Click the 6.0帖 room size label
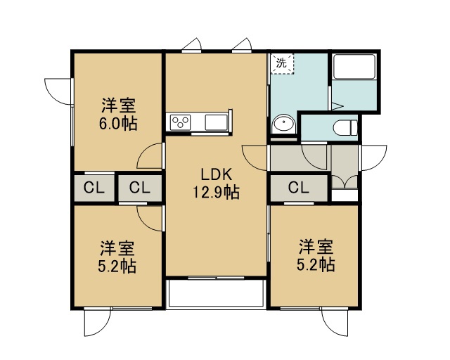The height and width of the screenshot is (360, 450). (118, 124)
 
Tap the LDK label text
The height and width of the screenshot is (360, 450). (216, 174)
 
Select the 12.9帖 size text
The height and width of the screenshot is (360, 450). (216, 192)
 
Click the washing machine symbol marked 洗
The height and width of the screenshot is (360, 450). (282, 64)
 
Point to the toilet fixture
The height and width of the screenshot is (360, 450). (345, 127)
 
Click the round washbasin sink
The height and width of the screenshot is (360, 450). (284, 124)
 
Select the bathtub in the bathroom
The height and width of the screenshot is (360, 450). (354, 67)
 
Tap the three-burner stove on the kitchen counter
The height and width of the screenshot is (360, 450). (180, 122)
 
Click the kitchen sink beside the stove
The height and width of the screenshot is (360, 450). (216, 122)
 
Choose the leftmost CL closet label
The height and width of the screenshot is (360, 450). (94, 188)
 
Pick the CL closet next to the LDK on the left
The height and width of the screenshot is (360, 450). (140, 188)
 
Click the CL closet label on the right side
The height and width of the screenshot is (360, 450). (298, 188)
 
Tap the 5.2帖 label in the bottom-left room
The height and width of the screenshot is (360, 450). (117, 266)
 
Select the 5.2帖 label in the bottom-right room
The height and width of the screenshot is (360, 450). (316, 264)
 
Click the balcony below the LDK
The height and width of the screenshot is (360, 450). (216, 293)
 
